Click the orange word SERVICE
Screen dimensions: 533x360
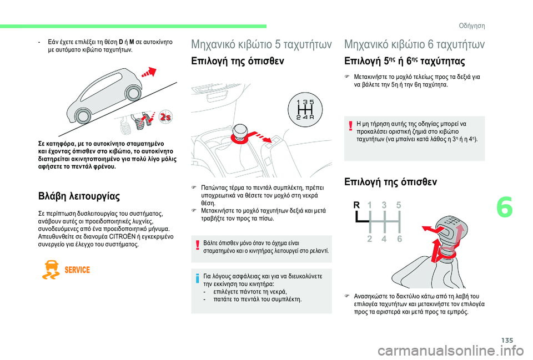coord(77,270)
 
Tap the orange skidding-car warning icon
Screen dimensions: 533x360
coord(51,270)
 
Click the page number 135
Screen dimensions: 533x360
coord(507,340)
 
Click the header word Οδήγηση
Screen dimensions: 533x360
coord(472,26)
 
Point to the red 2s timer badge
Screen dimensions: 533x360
coord(165,117)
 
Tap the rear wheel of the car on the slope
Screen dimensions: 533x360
coord(83,115)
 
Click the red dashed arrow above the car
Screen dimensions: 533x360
coord(149,72)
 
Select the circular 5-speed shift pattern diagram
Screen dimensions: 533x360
coord(305,110)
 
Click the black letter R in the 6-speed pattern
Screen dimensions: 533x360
coord(356,205)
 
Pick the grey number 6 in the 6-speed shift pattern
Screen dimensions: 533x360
coord(399,239)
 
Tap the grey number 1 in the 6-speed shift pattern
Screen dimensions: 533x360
coord(370,205)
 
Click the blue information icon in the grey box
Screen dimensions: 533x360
coord(197,279)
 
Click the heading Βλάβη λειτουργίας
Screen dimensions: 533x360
coord(79,196)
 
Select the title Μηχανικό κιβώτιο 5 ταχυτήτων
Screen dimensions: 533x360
coord(262,44)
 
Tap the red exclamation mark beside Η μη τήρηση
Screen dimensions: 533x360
coord(350,126)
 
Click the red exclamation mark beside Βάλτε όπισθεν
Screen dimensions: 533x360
coord(197,245)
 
